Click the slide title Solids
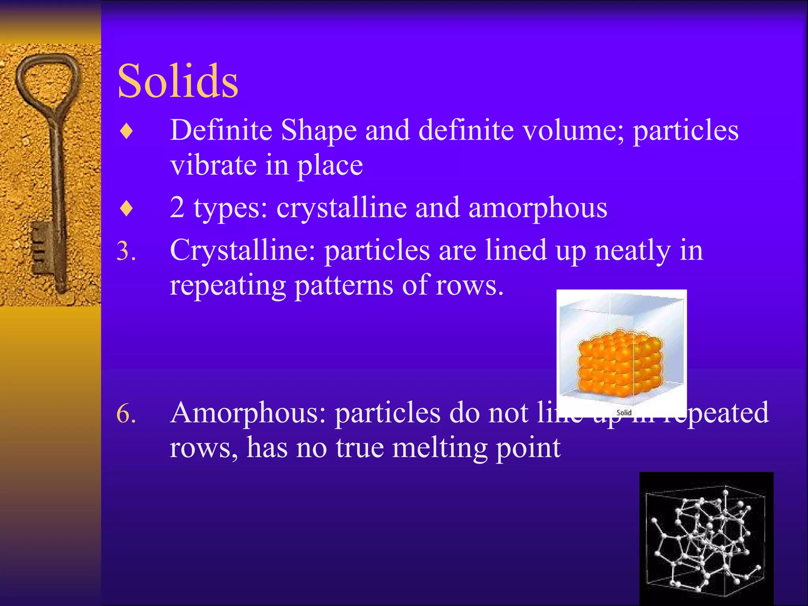click(178, 81)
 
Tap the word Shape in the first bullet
click(319, 130)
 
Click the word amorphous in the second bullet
click(538, 208)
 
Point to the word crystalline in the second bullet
click(342, 208)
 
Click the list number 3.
click(126, 251)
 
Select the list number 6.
click(126, 414)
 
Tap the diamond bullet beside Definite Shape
click(126, 131)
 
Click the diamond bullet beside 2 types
click(126, 208)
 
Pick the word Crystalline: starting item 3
click(243, 251)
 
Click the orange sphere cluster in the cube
click(619, 363)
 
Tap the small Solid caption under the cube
click(624, 412)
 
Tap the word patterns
click(344, 285)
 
